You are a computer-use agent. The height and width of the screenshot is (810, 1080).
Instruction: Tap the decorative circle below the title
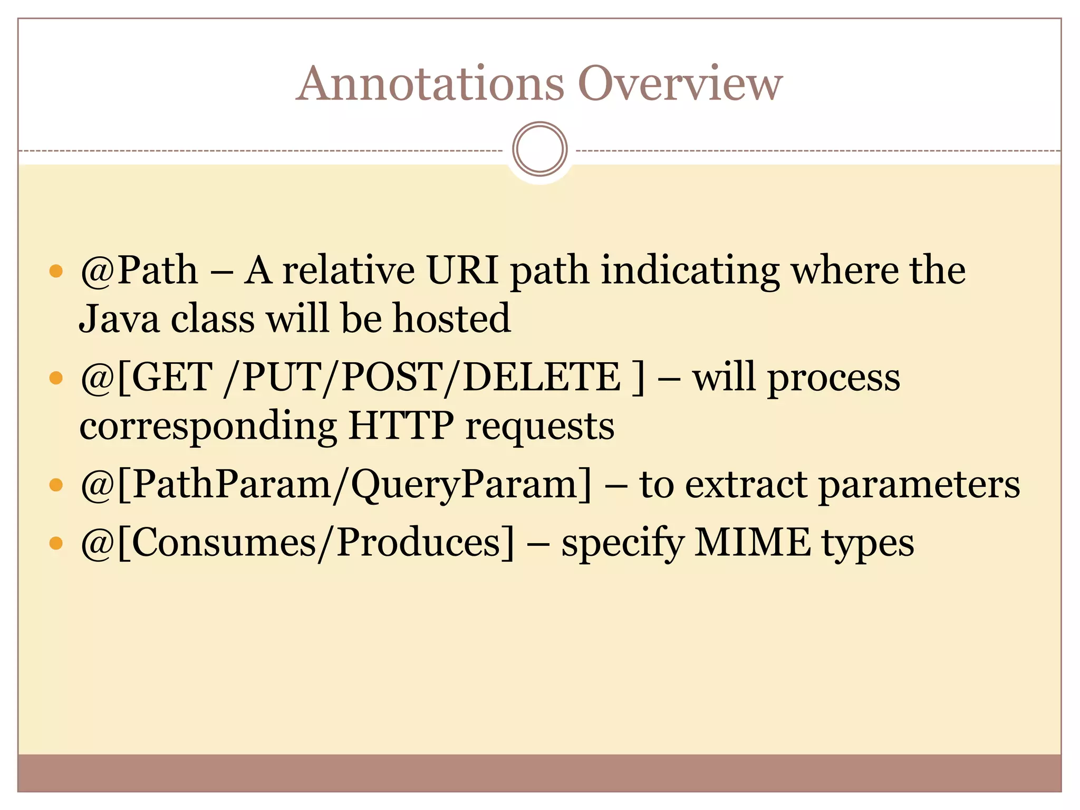pos(539,149)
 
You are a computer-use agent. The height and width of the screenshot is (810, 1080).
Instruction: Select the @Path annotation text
pos(139,271)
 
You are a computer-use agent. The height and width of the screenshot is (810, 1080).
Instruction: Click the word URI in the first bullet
pos(462,271)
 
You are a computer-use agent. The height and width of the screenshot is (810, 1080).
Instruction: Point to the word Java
pos(119,319)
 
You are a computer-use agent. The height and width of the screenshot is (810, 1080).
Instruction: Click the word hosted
pos(452,319)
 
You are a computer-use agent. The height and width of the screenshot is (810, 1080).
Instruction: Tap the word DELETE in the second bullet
pos(542,377)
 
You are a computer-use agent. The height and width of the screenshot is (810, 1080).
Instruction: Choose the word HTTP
pos(401,426)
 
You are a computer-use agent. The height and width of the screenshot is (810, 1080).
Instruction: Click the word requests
pos(540,426)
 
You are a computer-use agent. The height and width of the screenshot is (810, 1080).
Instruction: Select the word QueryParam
pos(465,484)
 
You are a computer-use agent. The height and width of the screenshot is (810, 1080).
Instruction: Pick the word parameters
pos(919,484)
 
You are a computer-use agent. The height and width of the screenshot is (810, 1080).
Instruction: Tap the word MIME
pos(753,542)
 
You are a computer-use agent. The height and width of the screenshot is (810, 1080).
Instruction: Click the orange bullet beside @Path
pos(56,272)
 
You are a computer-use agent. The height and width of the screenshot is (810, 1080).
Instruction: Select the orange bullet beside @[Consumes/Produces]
pos(56,543)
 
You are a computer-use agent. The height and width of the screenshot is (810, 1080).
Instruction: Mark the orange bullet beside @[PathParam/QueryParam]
pos(56,485)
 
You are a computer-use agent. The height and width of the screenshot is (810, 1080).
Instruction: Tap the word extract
pos(746,484)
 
